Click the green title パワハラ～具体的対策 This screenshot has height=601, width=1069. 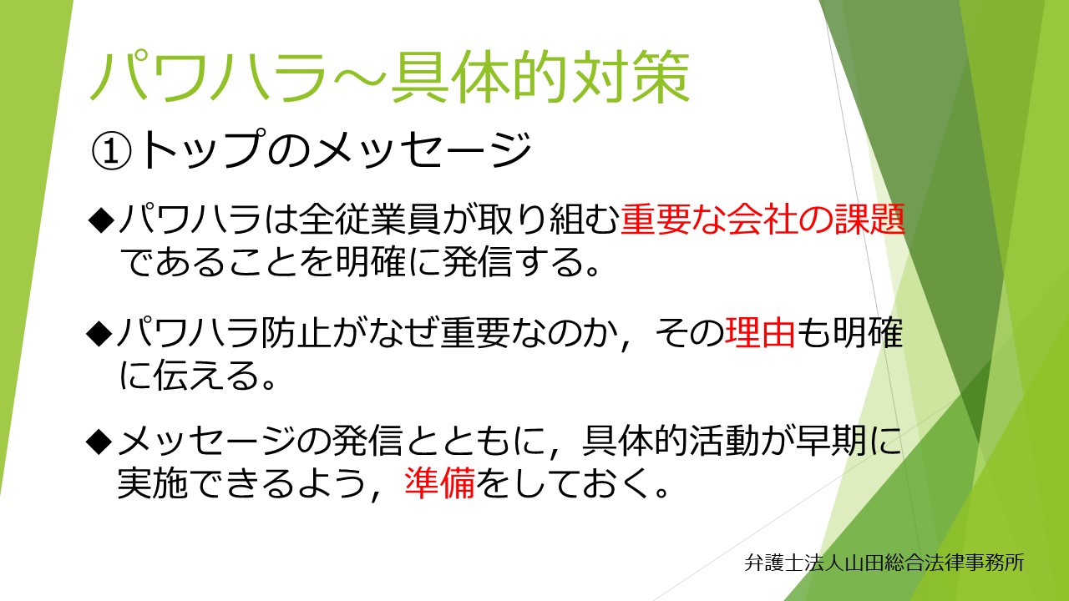click(390, 78)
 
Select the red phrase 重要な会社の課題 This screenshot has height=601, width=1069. click(762, 220)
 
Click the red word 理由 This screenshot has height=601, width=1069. click(760, 332)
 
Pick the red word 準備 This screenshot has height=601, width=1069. click(439, 482)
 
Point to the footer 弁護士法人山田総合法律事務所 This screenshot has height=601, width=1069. click(884, 563)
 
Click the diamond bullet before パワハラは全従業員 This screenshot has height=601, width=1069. click(102, 220)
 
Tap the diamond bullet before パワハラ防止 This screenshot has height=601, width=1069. click(99, 333)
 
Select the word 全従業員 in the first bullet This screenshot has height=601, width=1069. click(370, 220)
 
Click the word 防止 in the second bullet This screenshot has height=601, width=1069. click(296, 332)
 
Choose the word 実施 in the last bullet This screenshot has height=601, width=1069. click(152, 482)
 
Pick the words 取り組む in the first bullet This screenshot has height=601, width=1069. click(548, 220)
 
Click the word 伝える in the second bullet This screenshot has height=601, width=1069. click(189, 375)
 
